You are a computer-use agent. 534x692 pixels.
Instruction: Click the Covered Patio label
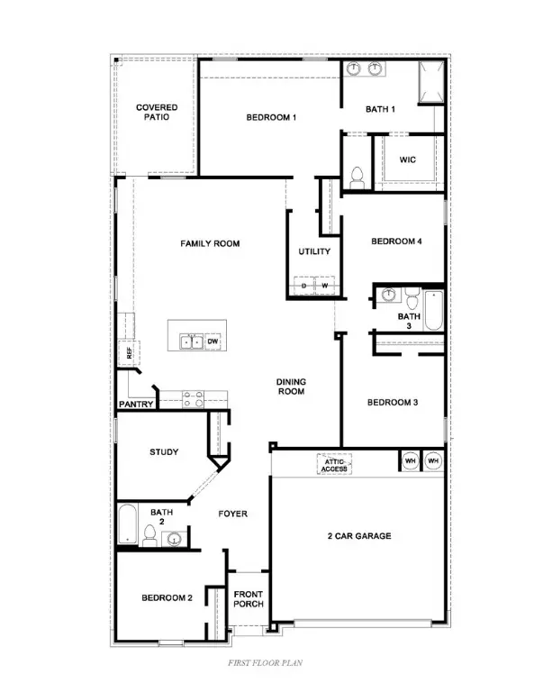[157, 113]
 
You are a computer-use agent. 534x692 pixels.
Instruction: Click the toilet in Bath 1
[355, 177]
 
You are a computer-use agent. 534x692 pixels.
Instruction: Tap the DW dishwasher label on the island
[213, 341]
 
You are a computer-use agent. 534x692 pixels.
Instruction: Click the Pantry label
[136, 405]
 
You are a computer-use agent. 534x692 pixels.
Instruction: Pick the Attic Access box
[335, 465]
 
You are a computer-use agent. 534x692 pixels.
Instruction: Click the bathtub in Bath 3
[434, 311]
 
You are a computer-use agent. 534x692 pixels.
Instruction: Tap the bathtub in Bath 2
[127, 526]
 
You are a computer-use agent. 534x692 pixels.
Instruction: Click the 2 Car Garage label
[358, 536]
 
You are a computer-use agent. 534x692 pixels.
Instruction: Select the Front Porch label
[248, 599]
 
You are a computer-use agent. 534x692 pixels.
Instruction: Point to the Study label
[163, 452]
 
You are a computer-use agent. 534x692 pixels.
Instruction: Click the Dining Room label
[291, 387]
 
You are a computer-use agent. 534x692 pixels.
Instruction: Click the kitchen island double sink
[190, 341]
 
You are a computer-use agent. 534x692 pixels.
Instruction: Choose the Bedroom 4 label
[395, 241]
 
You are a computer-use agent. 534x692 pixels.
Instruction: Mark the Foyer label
[232, 514]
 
